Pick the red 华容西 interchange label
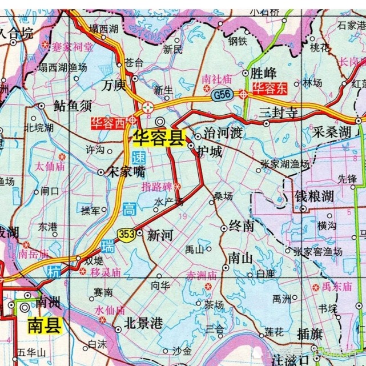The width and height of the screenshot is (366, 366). point(108,122)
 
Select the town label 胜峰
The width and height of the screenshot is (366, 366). point(264,73)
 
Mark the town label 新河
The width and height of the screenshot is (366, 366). point(159,234)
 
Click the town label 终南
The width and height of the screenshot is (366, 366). point(240,227)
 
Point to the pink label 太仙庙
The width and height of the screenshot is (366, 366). point(47,167)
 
